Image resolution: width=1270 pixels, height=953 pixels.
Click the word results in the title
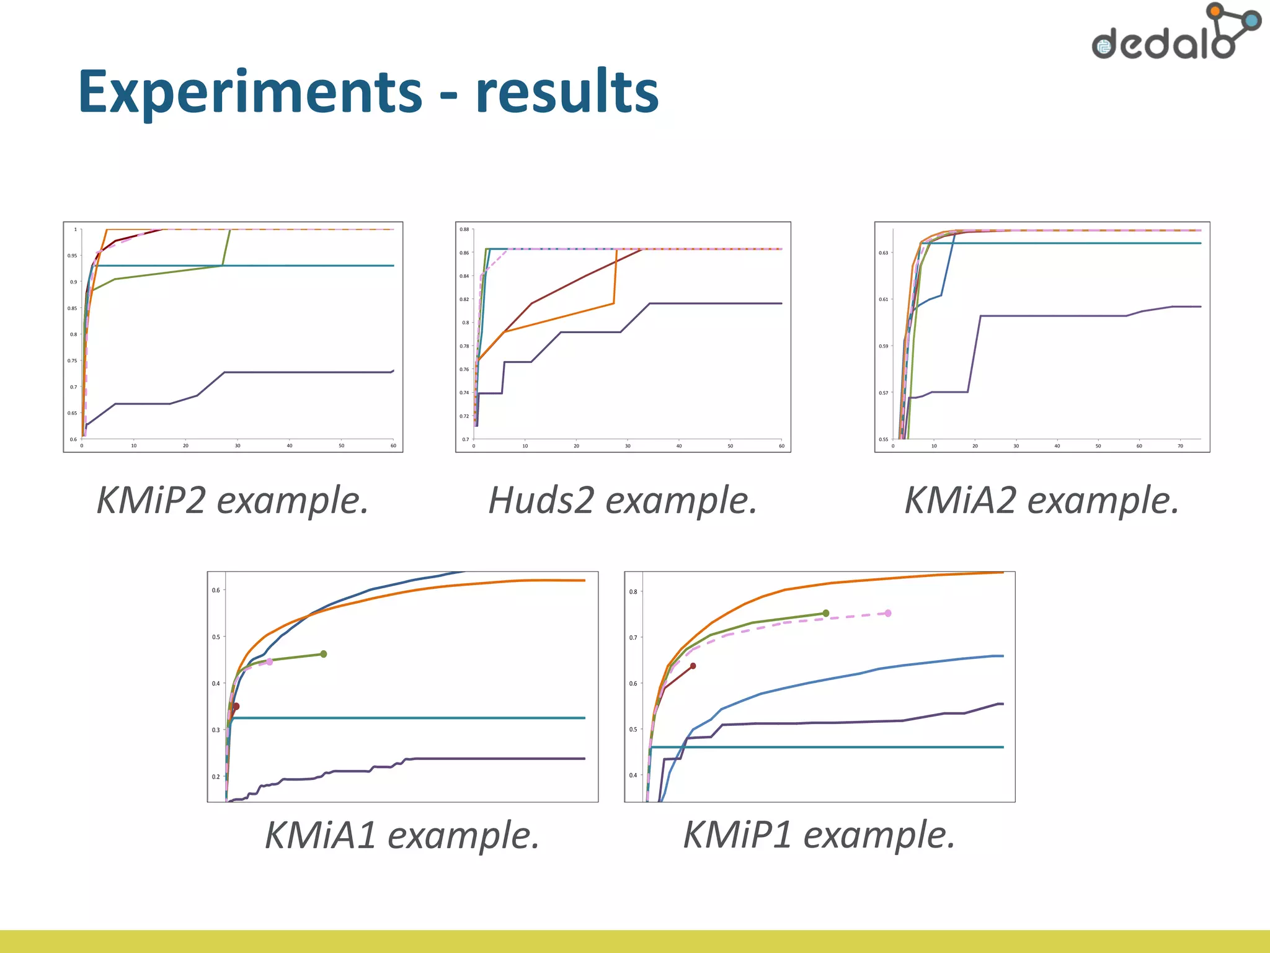(567, 93)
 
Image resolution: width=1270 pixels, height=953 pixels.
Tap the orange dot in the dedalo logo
(1215, 11)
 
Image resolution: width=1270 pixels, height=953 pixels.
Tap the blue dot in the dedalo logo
(1252, 20)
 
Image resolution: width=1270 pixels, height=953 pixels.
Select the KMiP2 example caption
(233, 500)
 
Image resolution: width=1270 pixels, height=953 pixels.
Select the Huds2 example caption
(623, 500)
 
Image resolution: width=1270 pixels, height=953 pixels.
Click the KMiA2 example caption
(1042, 500)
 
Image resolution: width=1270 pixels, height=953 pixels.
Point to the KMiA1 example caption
(402, 834)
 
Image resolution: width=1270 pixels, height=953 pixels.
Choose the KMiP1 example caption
(819, 834)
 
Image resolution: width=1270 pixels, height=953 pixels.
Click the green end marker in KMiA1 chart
(323, 654)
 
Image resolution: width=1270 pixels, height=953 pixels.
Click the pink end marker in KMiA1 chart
(269, 662)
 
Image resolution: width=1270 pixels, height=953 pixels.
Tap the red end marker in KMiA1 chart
(236, 707)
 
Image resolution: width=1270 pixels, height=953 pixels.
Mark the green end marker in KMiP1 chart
(825, 613)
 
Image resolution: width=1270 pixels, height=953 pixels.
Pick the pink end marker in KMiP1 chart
(888, 613)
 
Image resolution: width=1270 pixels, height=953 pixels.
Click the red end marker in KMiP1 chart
(693, 666)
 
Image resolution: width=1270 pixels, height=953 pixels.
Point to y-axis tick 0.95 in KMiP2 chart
(73, 256)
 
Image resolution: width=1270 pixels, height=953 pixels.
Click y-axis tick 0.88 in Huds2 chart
(464, 230)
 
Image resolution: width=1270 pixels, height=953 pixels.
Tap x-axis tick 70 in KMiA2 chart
(1180, 446)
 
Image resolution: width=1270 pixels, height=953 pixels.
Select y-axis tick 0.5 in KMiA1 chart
(216, 637)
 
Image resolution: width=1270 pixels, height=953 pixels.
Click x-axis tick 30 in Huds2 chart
(628, 446)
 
